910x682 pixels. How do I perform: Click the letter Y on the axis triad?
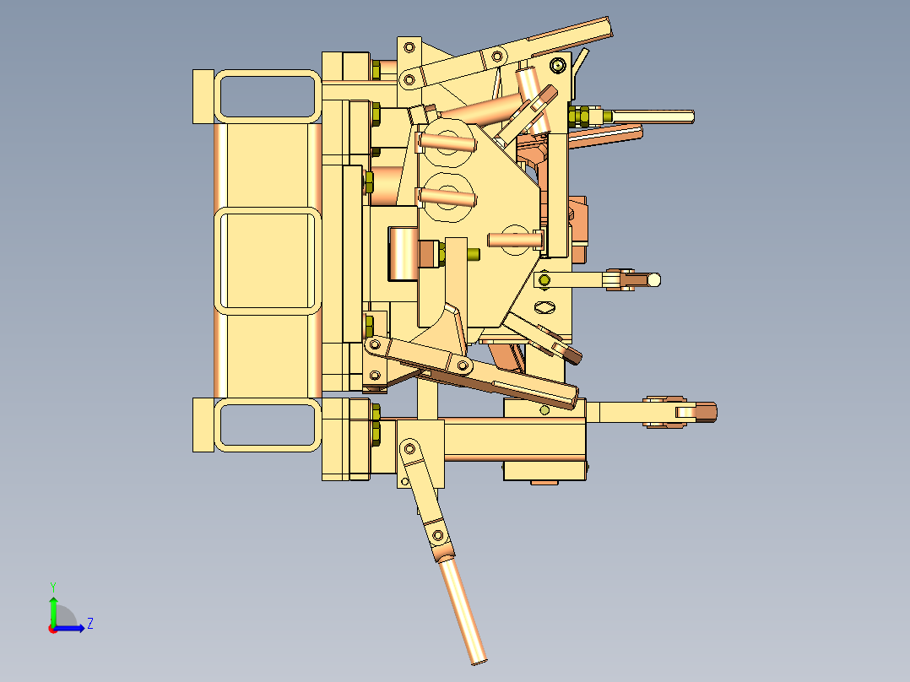[52, 585]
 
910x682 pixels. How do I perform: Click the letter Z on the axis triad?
[89, 624]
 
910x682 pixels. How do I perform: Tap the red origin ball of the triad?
[52, 629]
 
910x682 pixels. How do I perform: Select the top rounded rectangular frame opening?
[267, 95]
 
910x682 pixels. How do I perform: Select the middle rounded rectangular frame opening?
[267, 260]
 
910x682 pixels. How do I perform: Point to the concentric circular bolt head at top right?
[557, 65]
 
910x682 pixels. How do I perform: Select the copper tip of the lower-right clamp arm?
[704, 412]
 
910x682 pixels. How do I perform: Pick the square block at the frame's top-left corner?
[203, 95]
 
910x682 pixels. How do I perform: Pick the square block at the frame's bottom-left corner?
[203, 425]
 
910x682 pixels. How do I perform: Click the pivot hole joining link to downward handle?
[437, 534]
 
